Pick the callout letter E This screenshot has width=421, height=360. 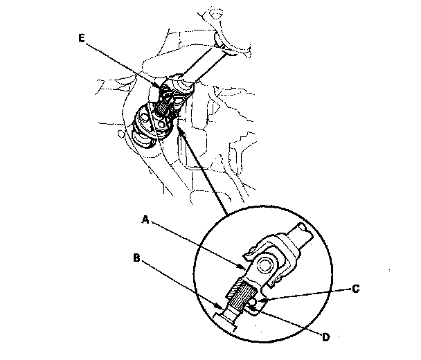pos(83,39)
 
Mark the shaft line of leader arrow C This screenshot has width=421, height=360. pos(312,294)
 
